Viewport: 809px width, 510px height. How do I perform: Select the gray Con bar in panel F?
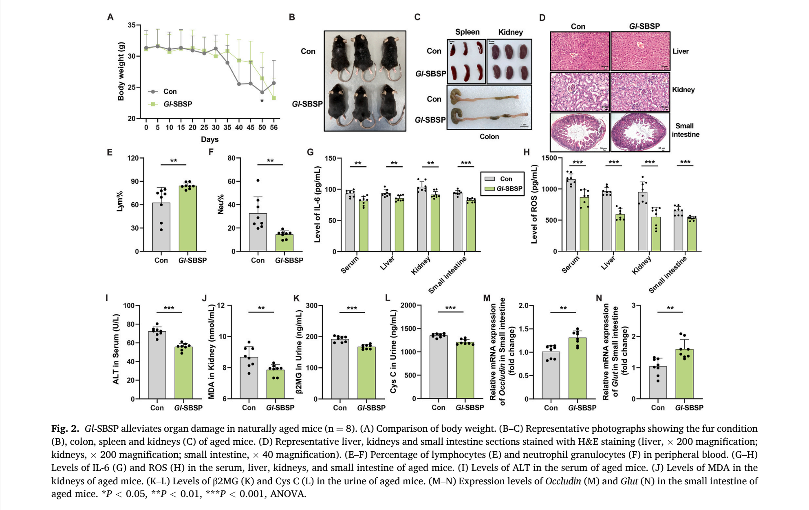pyautogui.click(x=258, y=232)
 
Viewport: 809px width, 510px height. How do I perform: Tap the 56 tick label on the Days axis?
pyautogui.click(x=274, y=128)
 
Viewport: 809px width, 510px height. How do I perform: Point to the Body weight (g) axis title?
pyautogui.click(x=121, y=71)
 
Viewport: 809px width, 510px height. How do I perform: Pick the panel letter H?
pyautogui.click(x=527, y=152)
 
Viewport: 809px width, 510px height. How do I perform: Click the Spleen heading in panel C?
pyautogui.click(x=467, y=32)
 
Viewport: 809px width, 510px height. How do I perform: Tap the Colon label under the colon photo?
pyautogui.click(x=489, y=137)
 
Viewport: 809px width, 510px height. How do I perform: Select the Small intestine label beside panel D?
pyautogui.click(x=685, y=130)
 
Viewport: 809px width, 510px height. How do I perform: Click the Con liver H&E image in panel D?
pyautogui.click(x=580, y=52)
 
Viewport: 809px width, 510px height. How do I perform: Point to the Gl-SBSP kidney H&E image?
pyautogui.click(x=640, y=92)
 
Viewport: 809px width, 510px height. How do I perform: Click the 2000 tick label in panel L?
pyautogui.click(x=408, y=305)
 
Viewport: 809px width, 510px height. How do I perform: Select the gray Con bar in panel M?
pyautogui.click(x=551, y=375)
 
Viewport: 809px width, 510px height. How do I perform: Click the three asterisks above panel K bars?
pyautogui.click(x=352, y=308)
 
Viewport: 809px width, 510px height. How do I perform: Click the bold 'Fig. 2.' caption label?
pyautogui.click(x=65, y=428)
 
